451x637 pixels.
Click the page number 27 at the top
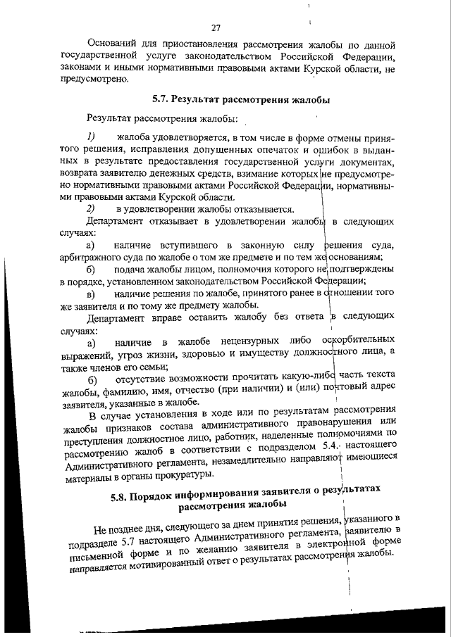216,28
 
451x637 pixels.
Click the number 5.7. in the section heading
164,99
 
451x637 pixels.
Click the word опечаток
275,149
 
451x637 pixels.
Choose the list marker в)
90,294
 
